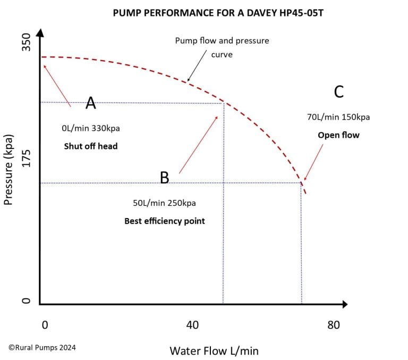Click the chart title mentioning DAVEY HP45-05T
coord(218,12)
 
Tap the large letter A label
coord(91,103)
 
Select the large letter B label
coord(165,178)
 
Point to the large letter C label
coord(338,92)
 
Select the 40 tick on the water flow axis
coord(192,325)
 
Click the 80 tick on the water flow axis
coord(333,325)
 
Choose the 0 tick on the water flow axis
coord(45,325)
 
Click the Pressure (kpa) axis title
coord(8,169)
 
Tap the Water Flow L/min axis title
coord(214,351)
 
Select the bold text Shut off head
coord(91,146)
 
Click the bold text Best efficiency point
coord(165,221)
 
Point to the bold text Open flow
coord(338,135)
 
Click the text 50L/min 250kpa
coord(165,203)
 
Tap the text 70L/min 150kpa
coord(338,117)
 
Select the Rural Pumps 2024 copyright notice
coord(42,347)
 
